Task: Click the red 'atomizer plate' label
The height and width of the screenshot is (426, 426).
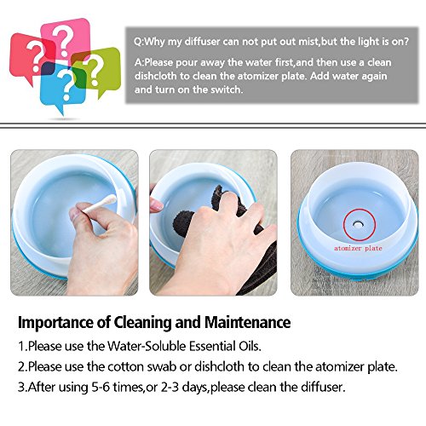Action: pyautogui.click(x=358, y=248)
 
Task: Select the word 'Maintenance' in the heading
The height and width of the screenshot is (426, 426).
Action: pyautogui.click(x=247, y=322)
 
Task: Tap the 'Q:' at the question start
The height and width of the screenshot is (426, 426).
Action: pyautogui.click(x=139, y=42)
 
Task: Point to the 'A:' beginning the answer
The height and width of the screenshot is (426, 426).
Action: pyautogui.click(x=140, y=62)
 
